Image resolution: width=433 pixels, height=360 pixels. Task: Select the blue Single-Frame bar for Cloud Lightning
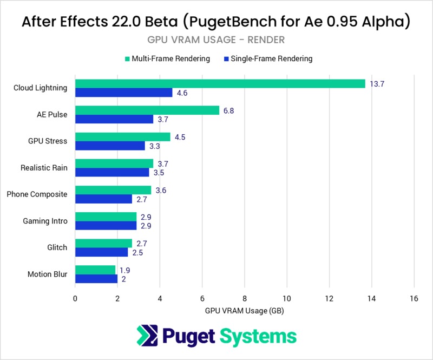(x=123, y=93)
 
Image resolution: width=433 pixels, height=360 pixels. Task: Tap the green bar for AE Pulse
(x=147, y=110)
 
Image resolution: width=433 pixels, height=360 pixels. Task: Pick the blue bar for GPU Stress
(x=110, y=146)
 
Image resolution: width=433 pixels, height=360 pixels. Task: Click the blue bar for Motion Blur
(x=96, y=279)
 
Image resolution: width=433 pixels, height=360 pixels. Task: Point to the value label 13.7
(x=377, y=83)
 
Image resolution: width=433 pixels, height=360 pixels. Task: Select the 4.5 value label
(x=180, y=136)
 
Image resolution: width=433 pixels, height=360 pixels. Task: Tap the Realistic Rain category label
(x=44, y=168)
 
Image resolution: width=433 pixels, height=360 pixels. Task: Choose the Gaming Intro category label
(x=45, y=221)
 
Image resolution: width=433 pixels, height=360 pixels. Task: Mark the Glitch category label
(x=57, y=247)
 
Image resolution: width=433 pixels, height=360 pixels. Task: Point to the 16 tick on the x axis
(x=414, y=298)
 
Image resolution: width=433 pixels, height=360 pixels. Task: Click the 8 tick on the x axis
(x=245, y=298)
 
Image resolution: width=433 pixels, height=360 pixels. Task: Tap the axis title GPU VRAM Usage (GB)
(x=245, y=311)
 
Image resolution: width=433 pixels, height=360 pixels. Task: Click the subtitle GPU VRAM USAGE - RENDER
(x=216, y=40)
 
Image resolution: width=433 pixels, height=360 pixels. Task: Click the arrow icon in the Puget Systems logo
(x=147, y=336)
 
